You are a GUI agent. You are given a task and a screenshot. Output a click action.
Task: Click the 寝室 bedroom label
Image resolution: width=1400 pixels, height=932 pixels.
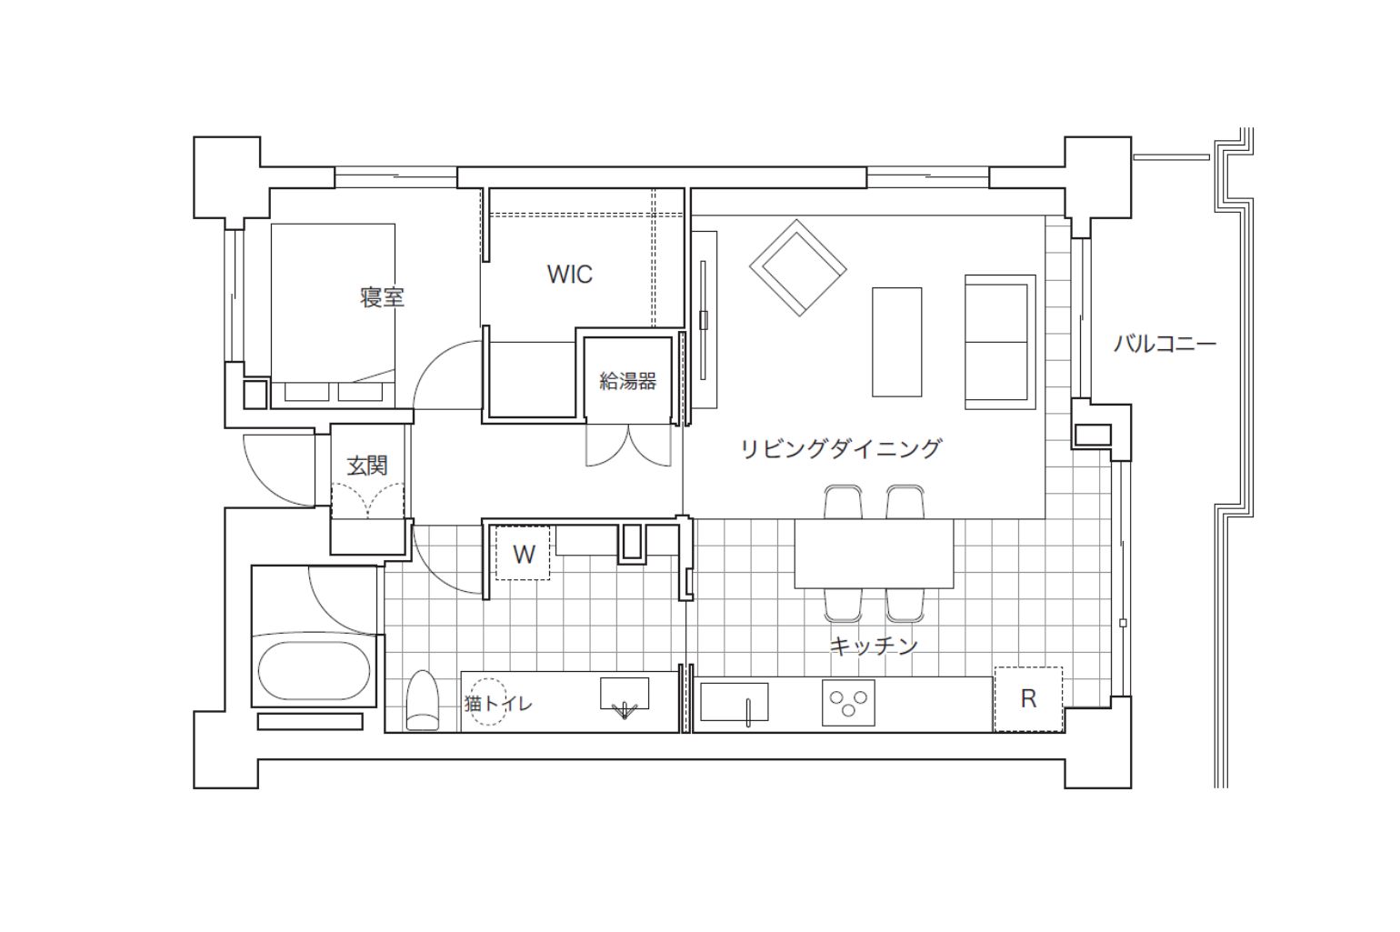click(382, 297)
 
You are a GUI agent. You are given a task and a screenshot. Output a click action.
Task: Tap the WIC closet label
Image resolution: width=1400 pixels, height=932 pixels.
click(569, 275)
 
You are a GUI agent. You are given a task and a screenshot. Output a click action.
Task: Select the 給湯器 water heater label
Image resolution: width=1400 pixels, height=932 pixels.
click(627, 381)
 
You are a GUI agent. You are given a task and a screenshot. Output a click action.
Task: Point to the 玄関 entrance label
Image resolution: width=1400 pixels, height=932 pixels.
click(367, 466)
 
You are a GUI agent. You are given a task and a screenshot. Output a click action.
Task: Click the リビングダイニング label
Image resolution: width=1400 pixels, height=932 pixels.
click(841, 448)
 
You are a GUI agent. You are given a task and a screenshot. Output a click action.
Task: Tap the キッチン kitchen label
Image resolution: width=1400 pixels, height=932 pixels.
click(874, 645)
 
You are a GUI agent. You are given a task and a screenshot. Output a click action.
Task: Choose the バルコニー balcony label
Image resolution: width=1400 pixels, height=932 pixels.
click(1165, 344)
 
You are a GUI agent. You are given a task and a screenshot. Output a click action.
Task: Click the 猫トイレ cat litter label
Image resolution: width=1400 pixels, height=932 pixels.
click(498, 704)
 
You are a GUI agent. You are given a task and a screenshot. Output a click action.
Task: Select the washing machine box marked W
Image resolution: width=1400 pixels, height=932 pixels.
click(523, 553)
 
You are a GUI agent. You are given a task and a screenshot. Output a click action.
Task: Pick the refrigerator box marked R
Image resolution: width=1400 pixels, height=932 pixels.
click(1028, 699)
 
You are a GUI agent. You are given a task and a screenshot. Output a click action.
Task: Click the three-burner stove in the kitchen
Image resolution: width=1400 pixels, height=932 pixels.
click(848, 703)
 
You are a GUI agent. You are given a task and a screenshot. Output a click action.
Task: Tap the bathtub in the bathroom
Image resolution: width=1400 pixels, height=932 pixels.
click(314, 671)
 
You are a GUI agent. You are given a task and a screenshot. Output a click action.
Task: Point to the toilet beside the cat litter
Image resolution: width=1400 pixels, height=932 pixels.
click(423, 701)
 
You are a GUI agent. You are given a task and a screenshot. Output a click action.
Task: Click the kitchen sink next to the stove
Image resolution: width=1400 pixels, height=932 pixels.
click(734, 702)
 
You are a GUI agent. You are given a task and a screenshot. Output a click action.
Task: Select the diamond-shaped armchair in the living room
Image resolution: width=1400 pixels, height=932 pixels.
click(798, 267)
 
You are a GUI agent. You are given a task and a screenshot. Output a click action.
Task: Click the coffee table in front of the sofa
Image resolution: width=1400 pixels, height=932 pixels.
click(897, 342)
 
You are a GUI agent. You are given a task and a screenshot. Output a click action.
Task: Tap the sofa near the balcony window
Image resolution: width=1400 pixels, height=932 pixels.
click(1000, 342)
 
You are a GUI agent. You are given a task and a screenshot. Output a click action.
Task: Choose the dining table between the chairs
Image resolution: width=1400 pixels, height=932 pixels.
click(874, 553)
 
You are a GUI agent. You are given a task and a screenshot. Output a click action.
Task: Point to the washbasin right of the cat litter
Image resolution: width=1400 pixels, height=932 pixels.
click(625, 696)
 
